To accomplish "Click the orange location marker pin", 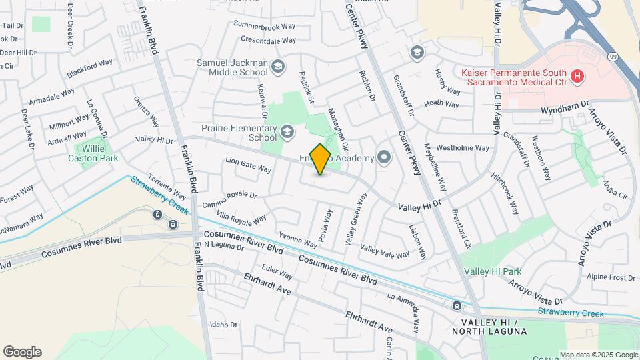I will pos(321,159).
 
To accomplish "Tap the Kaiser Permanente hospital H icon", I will pos(577,77).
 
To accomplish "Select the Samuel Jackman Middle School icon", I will pos(278,65).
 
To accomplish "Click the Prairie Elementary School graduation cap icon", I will pos(287,131).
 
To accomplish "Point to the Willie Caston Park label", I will pos(93,153).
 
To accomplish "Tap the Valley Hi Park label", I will pos(493,272).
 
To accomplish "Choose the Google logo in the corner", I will pos(22,352).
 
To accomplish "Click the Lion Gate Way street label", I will pos(248,165).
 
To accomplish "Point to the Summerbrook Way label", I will pos(264,25).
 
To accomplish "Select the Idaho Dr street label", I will pos(224,325).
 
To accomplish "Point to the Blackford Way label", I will pos(89,69).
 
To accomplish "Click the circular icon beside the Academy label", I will pos(384,158).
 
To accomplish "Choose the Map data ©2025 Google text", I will pos(599,355).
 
